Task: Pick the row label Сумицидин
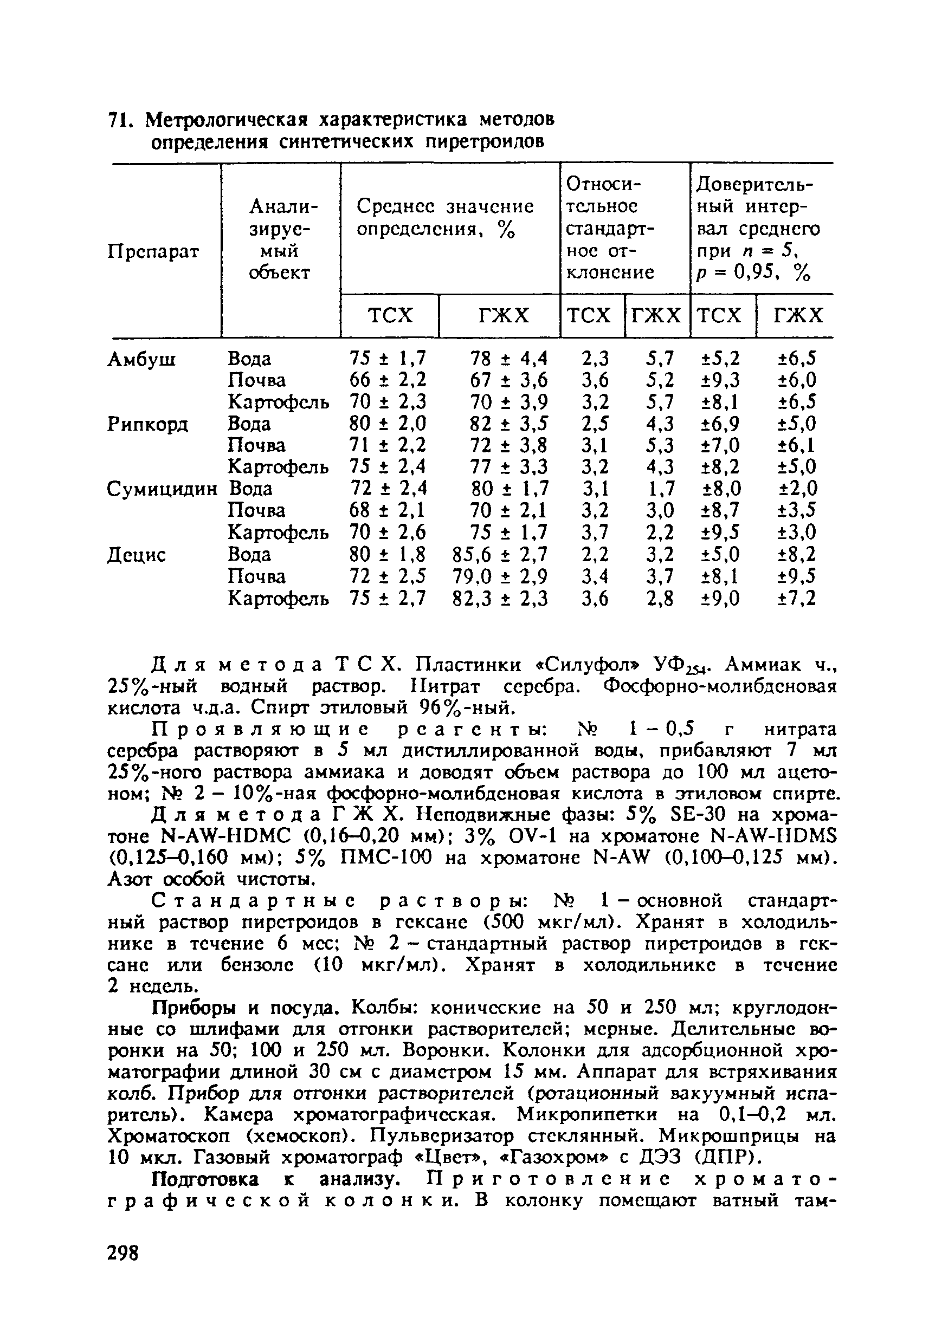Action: [x=162, y=489]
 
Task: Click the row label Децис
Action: [x=137, y=554]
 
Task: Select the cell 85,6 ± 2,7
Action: [x=500, y=554]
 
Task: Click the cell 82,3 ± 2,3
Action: [x=500, y=598]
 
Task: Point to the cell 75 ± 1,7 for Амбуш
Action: [x=388, y=358]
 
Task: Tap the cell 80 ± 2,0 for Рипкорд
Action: [x=388, y=424]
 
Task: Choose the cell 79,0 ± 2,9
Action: [x=500, y=576]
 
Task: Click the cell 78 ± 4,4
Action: [x=508, y=358]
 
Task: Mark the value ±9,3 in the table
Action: [x=720, y=380]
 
